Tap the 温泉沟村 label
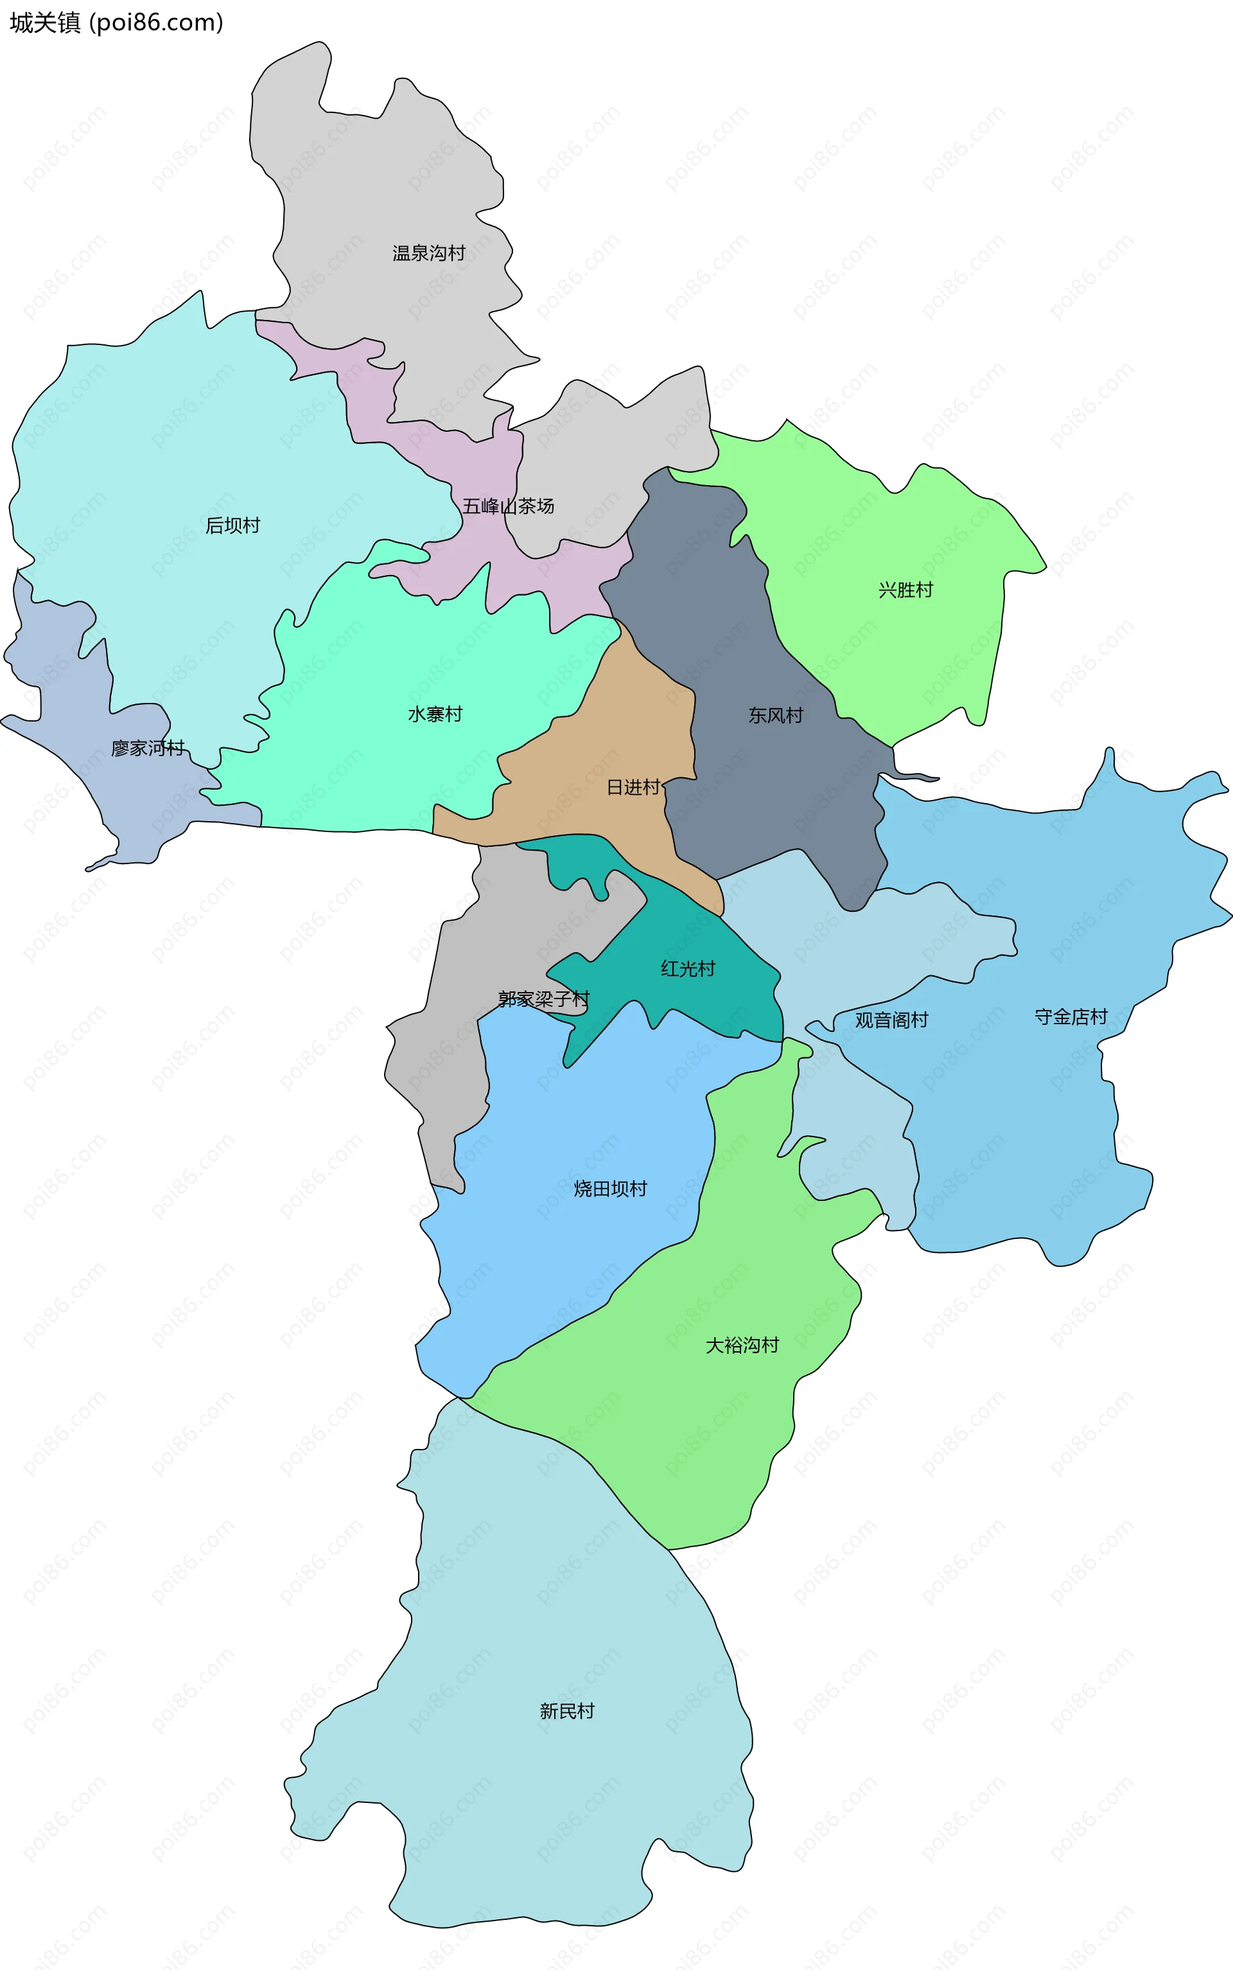tap(428, 254)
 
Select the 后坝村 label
tap(232, 526)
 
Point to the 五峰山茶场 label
tap(508, 506)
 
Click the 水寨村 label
tap(435, 715)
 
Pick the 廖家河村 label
tap(148, 749)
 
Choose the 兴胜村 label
tap(905, 590)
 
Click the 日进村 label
tap(634, 788)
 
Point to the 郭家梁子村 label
tap(543, 999)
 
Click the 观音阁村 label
tap(891, 1020)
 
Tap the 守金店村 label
tap(1071, 1017)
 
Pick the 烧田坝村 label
tap(610, 1189)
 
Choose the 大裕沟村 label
tap(742, 1346)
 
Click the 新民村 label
tap(567, 1712)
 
